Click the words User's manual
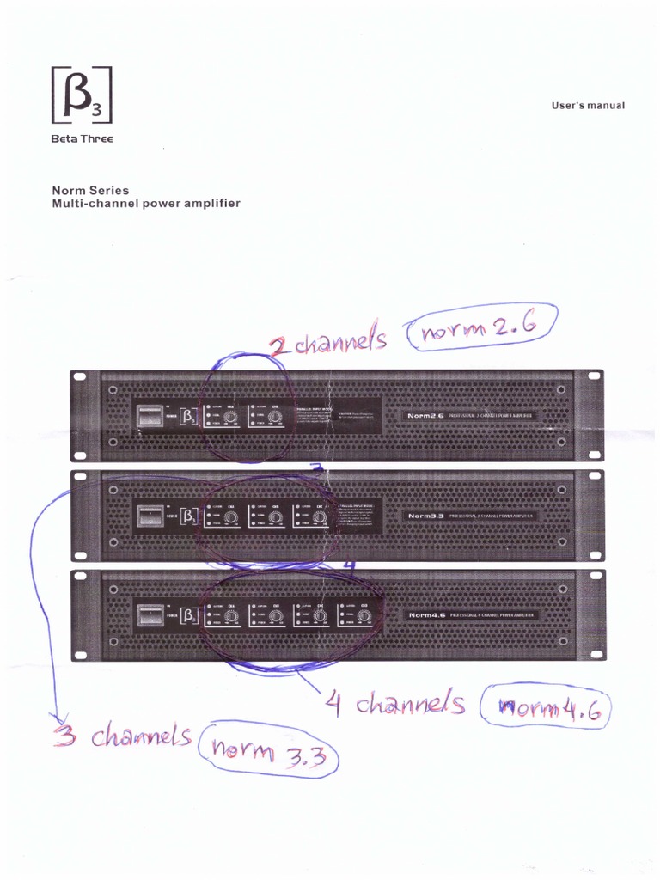[588, 106]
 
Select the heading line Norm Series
[90, 190]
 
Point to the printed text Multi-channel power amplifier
[146, 204]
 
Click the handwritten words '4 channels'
[395, 705]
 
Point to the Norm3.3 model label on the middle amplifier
[425, 516]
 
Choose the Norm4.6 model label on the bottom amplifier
[427, 615]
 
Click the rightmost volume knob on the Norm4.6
[364, 617]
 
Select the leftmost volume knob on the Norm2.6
[230, 418]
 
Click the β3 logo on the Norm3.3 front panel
[189, 517]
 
